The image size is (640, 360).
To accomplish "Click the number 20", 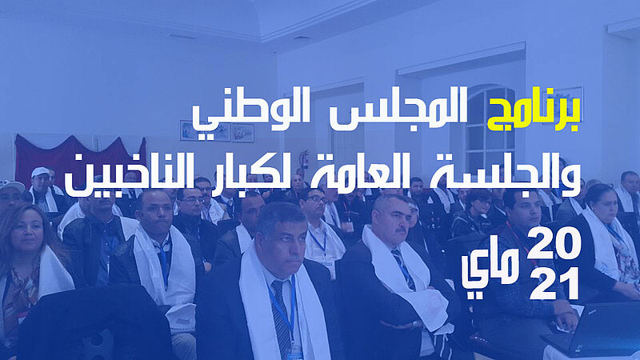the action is point(553,243).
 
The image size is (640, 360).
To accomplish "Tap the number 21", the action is point(554,283).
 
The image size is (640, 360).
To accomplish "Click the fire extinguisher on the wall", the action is point(305,159).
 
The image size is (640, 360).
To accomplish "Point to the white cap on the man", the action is point(40,172).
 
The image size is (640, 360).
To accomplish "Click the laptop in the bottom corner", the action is point(592,330).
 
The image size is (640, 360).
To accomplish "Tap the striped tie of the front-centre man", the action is point(282,318).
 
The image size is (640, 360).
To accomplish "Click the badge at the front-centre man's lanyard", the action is point(294,354).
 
